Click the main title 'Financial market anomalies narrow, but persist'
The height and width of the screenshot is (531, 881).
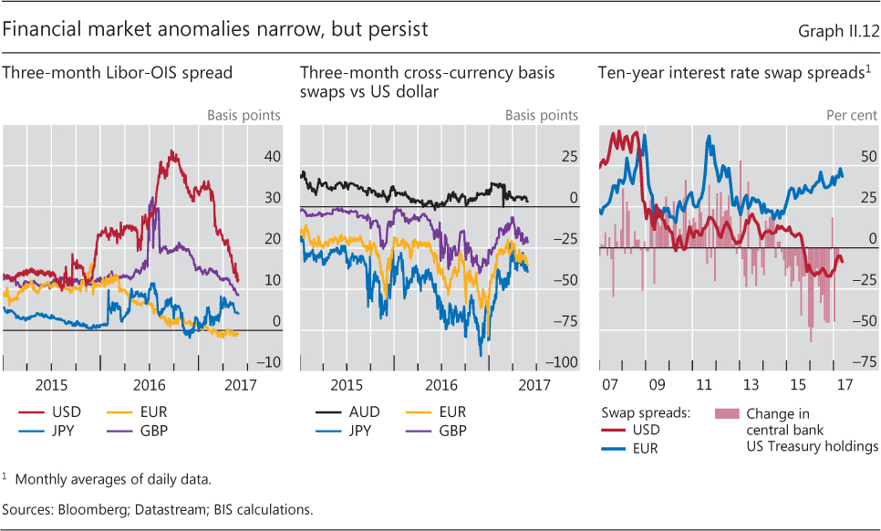[215, 29]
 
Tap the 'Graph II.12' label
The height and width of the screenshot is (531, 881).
[836, 31]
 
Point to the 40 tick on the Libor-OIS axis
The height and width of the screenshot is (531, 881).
[272, 157]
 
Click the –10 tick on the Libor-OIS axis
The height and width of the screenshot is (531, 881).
[269, 362]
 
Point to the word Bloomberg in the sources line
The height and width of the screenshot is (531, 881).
[98, 510]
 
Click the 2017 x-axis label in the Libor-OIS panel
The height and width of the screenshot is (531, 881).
[238, 384]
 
